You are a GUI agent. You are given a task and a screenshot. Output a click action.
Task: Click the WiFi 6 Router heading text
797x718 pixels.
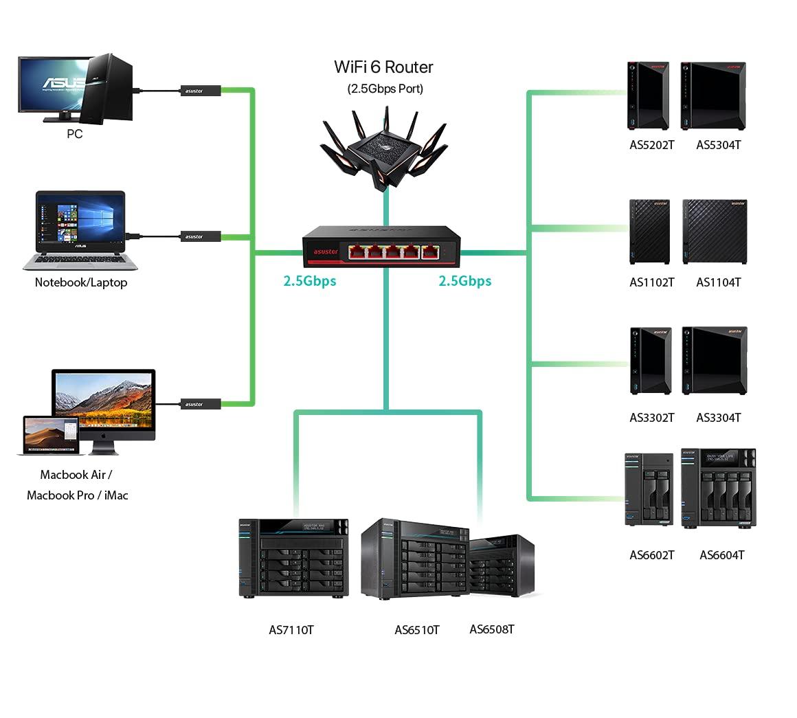pyautogui.click(x=383, y=67)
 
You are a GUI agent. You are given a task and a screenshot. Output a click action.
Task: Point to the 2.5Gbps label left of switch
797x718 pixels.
pyautogui.click(x=310, y=281)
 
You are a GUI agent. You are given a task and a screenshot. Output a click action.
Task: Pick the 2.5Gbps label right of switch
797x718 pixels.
pyautogui.click(x=465, y=281)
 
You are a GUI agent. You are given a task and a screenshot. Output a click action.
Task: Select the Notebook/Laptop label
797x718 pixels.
pyautogui.click(x=81, y=282)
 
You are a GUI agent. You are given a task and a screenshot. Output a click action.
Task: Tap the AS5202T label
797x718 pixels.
pyautogui.click(x=651, y=145)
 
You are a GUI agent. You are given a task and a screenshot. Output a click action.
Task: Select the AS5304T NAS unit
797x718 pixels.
pyautogui.click(x=713, y=96)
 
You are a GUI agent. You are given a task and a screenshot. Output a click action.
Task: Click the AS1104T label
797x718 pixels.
pyautogui.click(x=718, y=282)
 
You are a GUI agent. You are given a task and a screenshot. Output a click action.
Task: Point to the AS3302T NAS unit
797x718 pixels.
pyautogui.click(x=650, y=361)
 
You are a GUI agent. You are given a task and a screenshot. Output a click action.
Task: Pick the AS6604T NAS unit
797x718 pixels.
pyautogui.click(x=718, y=489)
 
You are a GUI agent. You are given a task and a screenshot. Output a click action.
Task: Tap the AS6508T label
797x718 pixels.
pyautogui.click(x=492, y=629)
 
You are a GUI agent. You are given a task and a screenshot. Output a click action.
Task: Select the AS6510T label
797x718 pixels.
pyautogui.click(x=416, y=630)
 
